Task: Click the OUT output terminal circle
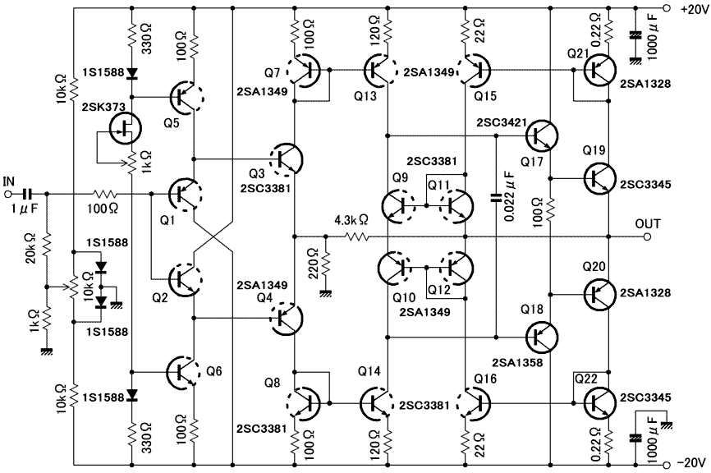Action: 648,236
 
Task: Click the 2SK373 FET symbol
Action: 125,128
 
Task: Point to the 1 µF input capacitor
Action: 27,194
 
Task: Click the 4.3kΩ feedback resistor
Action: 356,236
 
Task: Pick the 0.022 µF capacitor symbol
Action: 496,197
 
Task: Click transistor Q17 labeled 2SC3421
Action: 542,135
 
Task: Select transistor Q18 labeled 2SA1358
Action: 542,337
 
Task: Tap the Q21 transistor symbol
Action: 599,71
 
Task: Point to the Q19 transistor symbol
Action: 599,179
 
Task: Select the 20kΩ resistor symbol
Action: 46,246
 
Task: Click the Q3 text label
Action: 257,174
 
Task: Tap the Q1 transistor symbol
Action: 186,194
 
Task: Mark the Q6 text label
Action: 214,371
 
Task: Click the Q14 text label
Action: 369,371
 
